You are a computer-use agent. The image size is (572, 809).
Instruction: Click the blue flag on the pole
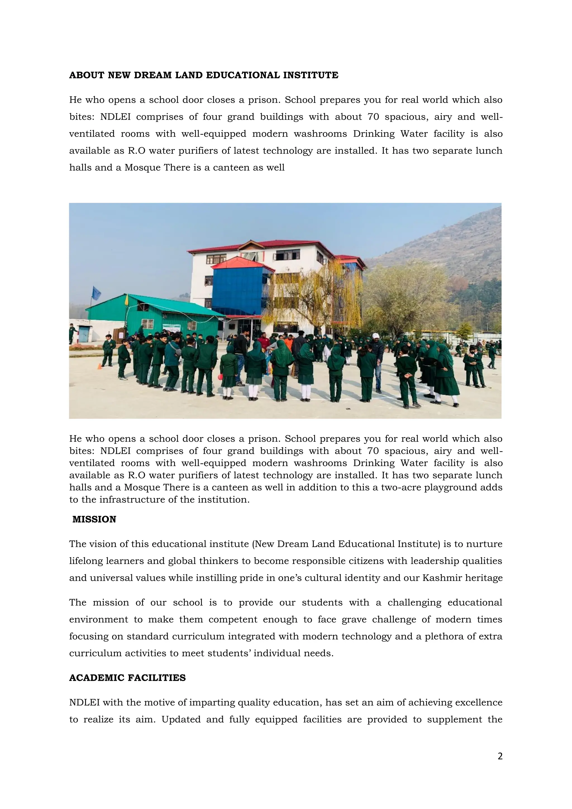click(x=96, y=293)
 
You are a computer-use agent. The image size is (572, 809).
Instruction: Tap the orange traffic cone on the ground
click(x=100, y=367)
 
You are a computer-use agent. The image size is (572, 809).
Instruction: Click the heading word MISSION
click(x=94, y=519)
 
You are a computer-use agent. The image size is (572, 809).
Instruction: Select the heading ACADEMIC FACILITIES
click(x=127, y=678)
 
